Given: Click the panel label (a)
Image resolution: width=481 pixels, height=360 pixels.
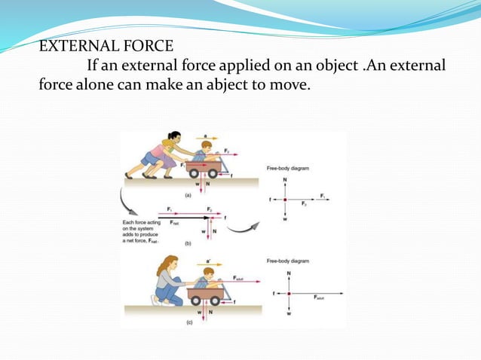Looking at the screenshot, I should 187,194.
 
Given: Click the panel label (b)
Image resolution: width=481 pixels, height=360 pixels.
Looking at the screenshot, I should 186,243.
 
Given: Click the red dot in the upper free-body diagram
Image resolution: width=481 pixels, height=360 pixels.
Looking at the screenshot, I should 285,200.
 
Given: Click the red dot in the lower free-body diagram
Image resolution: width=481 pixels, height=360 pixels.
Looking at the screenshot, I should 289,293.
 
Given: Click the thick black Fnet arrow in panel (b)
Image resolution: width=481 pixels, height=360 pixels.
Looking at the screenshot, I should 181,218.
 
